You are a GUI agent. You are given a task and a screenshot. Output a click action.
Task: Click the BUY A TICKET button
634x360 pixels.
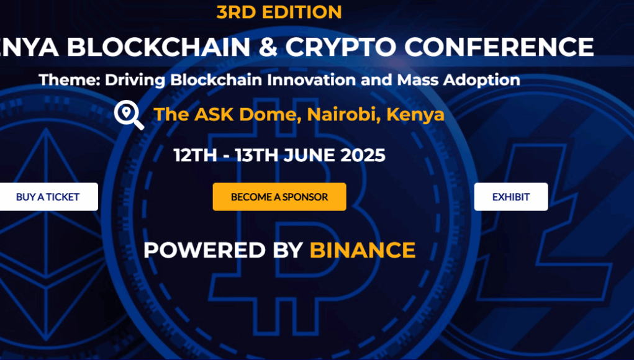click(x=48, y=197)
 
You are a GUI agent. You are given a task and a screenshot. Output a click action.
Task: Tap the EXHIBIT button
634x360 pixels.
click(x=511, y=197)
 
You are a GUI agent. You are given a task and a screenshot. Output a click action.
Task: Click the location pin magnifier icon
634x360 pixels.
click(x=129, y=115)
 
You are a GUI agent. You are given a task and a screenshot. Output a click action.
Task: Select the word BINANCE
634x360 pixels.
click(x=363, y=250)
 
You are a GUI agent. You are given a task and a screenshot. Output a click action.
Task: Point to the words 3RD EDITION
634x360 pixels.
click(x=279, y=12)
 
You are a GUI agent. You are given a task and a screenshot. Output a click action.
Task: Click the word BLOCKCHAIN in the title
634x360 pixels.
click(x=158, y=47)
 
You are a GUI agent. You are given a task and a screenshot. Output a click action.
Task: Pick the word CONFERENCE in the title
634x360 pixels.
click(x=499, y=47)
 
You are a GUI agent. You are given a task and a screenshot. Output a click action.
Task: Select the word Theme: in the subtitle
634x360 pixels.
click(x=70, y=79)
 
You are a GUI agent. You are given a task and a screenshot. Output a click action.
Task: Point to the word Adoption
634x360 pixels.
click(x=482, y=81)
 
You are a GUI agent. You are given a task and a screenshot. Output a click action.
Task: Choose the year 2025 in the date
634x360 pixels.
click(x=363, y=156)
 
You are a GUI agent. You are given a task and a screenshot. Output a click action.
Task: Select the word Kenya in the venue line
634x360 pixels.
click(x=415, y=115)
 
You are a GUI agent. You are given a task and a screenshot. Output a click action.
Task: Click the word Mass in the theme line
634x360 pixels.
click(x=417, y=79)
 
